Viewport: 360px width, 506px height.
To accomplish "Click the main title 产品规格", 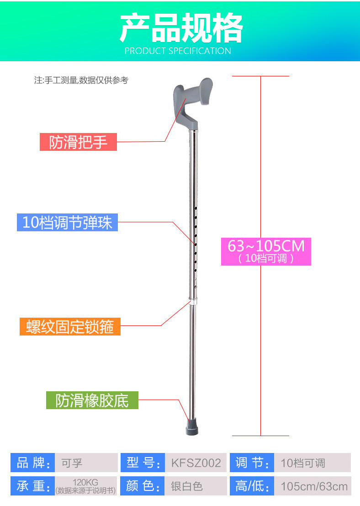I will pos(181,28).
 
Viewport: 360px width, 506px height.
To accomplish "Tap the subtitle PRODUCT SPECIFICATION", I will pos(178,51).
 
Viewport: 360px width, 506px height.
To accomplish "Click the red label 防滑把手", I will pos(78,142).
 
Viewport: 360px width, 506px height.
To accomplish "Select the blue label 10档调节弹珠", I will pos(68,222).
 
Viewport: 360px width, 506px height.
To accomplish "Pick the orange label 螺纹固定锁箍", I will pos(70,327).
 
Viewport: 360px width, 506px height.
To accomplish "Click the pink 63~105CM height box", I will pos(266,250).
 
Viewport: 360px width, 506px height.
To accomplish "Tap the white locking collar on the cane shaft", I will pos(193,303).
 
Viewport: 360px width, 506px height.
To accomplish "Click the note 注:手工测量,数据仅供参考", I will pos(81,80).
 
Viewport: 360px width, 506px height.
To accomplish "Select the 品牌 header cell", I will pos(32,463).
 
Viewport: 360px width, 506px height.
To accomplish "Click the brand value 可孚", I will pos(86,463).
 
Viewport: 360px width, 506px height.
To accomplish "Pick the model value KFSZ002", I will pos(196,463).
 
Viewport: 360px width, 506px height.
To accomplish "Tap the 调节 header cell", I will pos(252,463).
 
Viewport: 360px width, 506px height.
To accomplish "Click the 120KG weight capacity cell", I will pos(86,486).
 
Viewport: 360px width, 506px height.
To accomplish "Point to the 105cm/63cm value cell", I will pos(313,486).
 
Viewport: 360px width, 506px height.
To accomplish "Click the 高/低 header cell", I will pos(252,486).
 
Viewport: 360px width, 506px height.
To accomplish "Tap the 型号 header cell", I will pos(142,463).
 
